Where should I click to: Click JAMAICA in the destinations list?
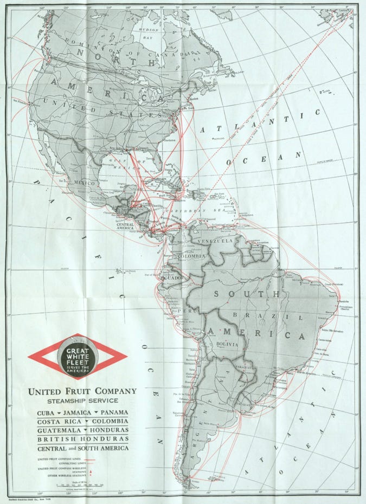(78, 412)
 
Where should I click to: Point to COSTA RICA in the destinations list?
(55, 421)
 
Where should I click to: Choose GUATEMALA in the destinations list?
(56, 430)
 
